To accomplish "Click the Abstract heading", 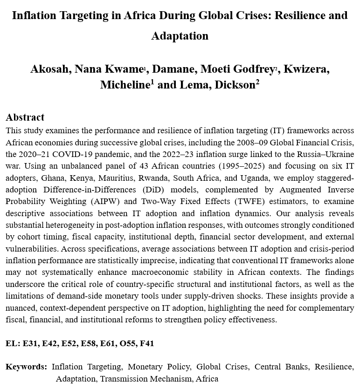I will (25, 117).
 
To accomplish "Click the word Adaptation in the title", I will (180, 36).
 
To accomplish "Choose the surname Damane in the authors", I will (174, 69).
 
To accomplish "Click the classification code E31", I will (31, 344).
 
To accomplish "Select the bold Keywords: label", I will (26, 367).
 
